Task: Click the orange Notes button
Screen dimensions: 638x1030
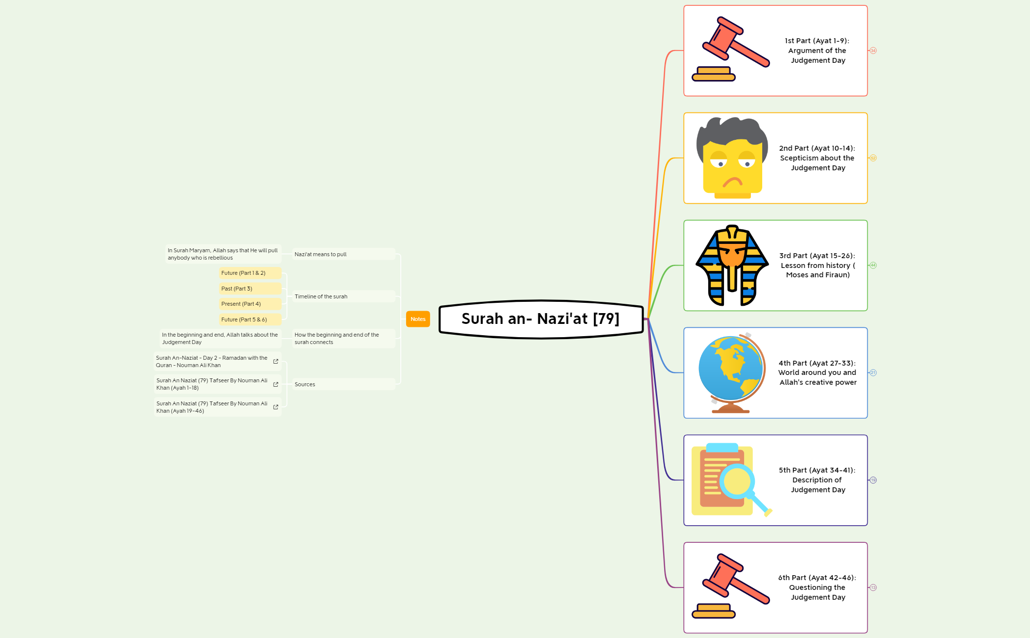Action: pyautogui.click(x=418, y=319)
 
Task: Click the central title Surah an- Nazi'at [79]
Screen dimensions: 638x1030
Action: pyautogui.click(x=541, y=319)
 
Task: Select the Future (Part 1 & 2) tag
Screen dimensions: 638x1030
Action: pyautogui.click(x=250, y=273)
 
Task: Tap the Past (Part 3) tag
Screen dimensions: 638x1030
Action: pyautogui.click(x=250, y=289)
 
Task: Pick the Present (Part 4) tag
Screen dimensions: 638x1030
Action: pyautogui.click(x=250, y=304)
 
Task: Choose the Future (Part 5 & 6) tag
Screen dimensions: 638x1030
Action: pyautogui.click(x=250, y=319)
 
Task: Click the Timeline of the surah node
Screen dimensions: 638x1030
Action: pyautogui.click(x=321, y=296)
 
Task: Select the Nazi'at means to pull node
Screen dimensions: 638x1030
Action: pyautogui.click(x=321, y=254)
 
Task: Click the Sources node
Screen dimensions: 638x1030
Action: pyautogui.click(x=305, y=384)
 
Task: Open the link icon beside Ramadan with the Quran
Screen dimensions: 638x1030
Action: pyautogui.click(x=276, y=362)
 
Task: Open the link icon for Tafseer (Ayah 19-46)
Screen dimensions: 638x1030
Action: pyautogui.click(x=276, y=407)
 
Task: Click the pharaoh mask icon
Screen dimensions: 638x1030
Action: pyautogui.click(x=732, y=266)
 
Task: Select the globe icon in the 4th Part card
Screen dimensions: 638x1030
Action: pyautogui.click(x=731, y=373)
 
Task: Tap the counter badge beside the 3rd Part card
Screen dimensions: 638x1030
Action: pyautogui.click(x=873, y=266)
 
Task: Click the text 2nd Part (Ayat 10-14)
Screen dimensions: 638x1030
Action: pyautogui.click(x=817, y=148)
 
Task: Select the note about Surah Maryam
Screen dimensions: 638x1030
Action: pyautogui.click(x=223, y=254)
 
